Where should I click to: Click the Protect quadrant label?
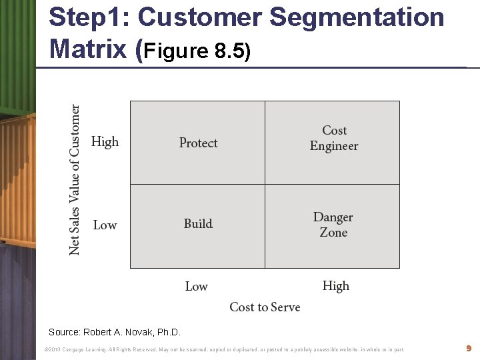pyautogui.click(x=198, y=143)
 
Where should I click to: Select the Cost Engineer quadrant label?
pyautogui.click(x=334, y=138)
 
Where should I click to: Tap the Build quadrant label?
pyautogui.click(x=198, y=224)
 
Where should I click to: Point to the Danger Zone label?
pyautogui.click(x=333, y=225)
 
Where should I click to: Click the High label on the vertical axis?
pyautogui.click(x=105, y=141)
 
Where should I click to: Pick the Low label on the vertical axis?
pyautogui.click(x=105, y=225)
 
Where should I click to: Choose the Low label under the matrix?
pyautogui.click(x=196, y=287)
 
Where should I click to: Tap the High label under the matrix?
pyautogui.click(x=335, y=286)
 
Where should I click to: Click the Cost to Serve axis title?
pyautogui.click(x=265, y=307)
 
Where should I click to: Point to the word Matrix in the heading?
pyautogui.click(x=89, y=48)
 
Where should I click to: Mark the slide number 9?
pyautogui.click(x=469, y=348)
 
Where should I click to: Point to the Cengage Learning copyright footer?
pyautogui.click(x=223, y=349)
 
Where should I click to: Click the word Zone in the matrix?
pyautogui.click(x=333, y=233)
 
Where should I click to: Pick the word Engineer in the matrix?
pyautogui.click(x=334, y=146)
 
